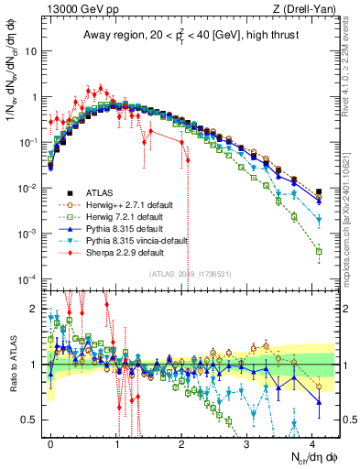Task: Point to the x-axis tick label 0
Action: point(51,442)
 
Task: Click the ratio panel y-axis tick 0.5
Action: point(30,420)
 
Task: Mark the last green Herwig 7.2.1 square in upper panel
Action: point(319,251)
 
